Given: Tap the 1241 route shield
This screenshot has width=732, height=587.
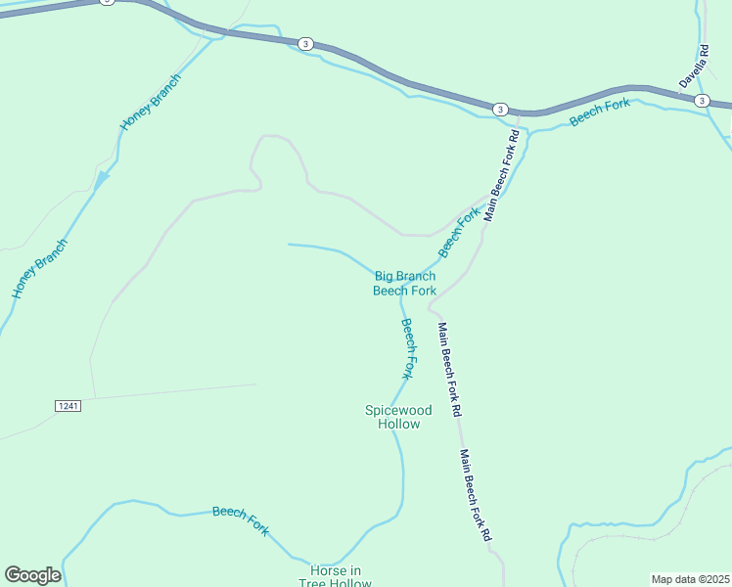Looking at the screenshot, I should tap(66, 404).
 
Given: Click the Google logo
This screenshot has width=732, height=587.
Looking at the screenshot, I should tap(32, 575).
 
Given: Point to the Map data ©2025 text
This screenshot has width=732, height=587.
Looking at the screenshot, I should tap(690, 579).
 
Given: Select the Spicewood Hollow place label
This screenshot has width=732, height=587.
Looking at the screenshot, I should tap(392, 418).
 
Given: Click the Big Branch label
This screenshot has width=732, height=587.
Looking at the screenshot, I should tap(405, 277).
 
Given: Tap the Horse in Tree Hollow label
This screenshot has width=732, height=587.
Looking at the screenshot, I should tap(337, 577).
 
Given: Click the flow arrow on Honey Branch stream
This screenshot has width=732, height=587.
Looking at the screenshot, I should tap(102, 178).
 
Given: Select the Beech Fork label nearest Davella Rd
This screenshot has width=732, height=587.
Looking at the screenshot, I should tap(600, 112).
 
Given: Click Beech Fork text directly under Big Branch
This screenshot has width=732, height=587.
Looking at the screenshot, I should tap(405, 291).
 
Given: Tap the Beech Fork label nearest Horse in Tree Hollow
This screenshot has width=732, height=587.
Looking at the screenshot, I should tap(241, 519).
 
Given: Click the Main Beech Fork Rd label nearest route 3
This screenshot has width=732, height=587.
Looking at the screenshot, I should tap(498, 174).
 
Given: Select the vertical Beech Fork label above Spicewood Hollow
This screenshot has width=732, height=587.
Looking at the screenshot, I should tap(409, 348).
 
